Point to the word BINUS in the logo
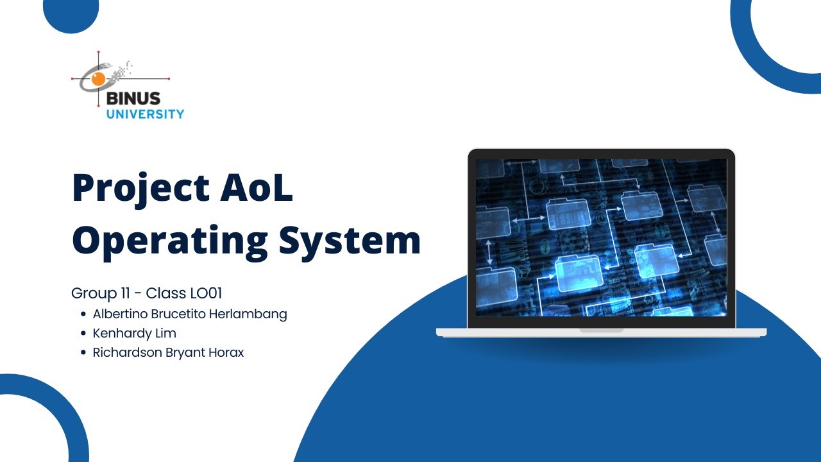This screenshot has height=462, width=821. [x=133, y=99]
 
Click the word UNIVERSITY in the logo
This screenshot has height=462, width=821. [x=145, y=114]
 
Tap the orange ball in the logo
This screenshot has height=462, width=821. [x=98, y=79]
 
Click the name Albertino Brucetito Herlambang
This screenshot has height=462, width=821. [x=190, y=314]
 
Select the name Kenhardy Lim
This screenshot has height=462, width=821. [x=134, y=334]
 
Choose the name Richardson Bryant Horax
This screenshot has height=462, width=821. [x=168, y=352]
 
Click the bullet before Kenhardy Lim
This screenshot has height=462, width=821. [x=83, y=334]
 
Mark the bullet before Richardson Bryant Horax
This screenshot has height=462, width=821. [x=83, y=352]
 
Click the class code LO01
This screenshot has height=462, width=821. [x=206, y=294]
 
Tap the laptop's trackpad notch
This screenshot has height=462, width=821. [x=601, y=330]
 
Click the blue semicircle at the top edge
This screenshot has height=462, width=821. [x=71, y=13]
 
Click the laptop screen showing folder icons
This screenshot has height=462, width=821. [x=601, y=237]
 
